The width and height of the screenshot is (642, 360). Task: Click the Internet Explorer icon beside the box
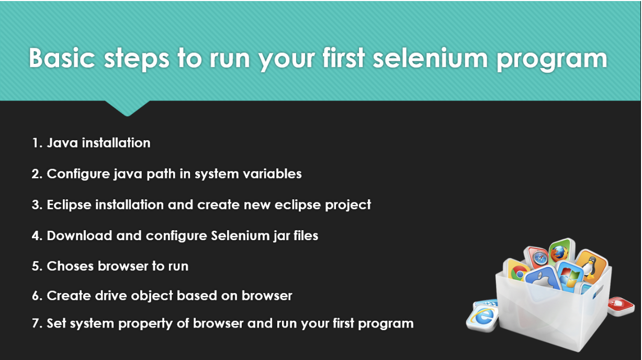pyautogui.click(x=482, y=316)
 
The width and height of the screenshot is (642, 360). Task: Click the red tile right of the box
pyautogui.click(x=623, y=305)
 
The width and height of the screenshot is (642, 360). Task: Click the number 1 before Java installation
pyautogui.click(x=35, y=143)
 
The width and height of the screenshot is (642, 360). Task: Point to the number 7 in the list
pyautogui.click(x=36, y=323)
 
